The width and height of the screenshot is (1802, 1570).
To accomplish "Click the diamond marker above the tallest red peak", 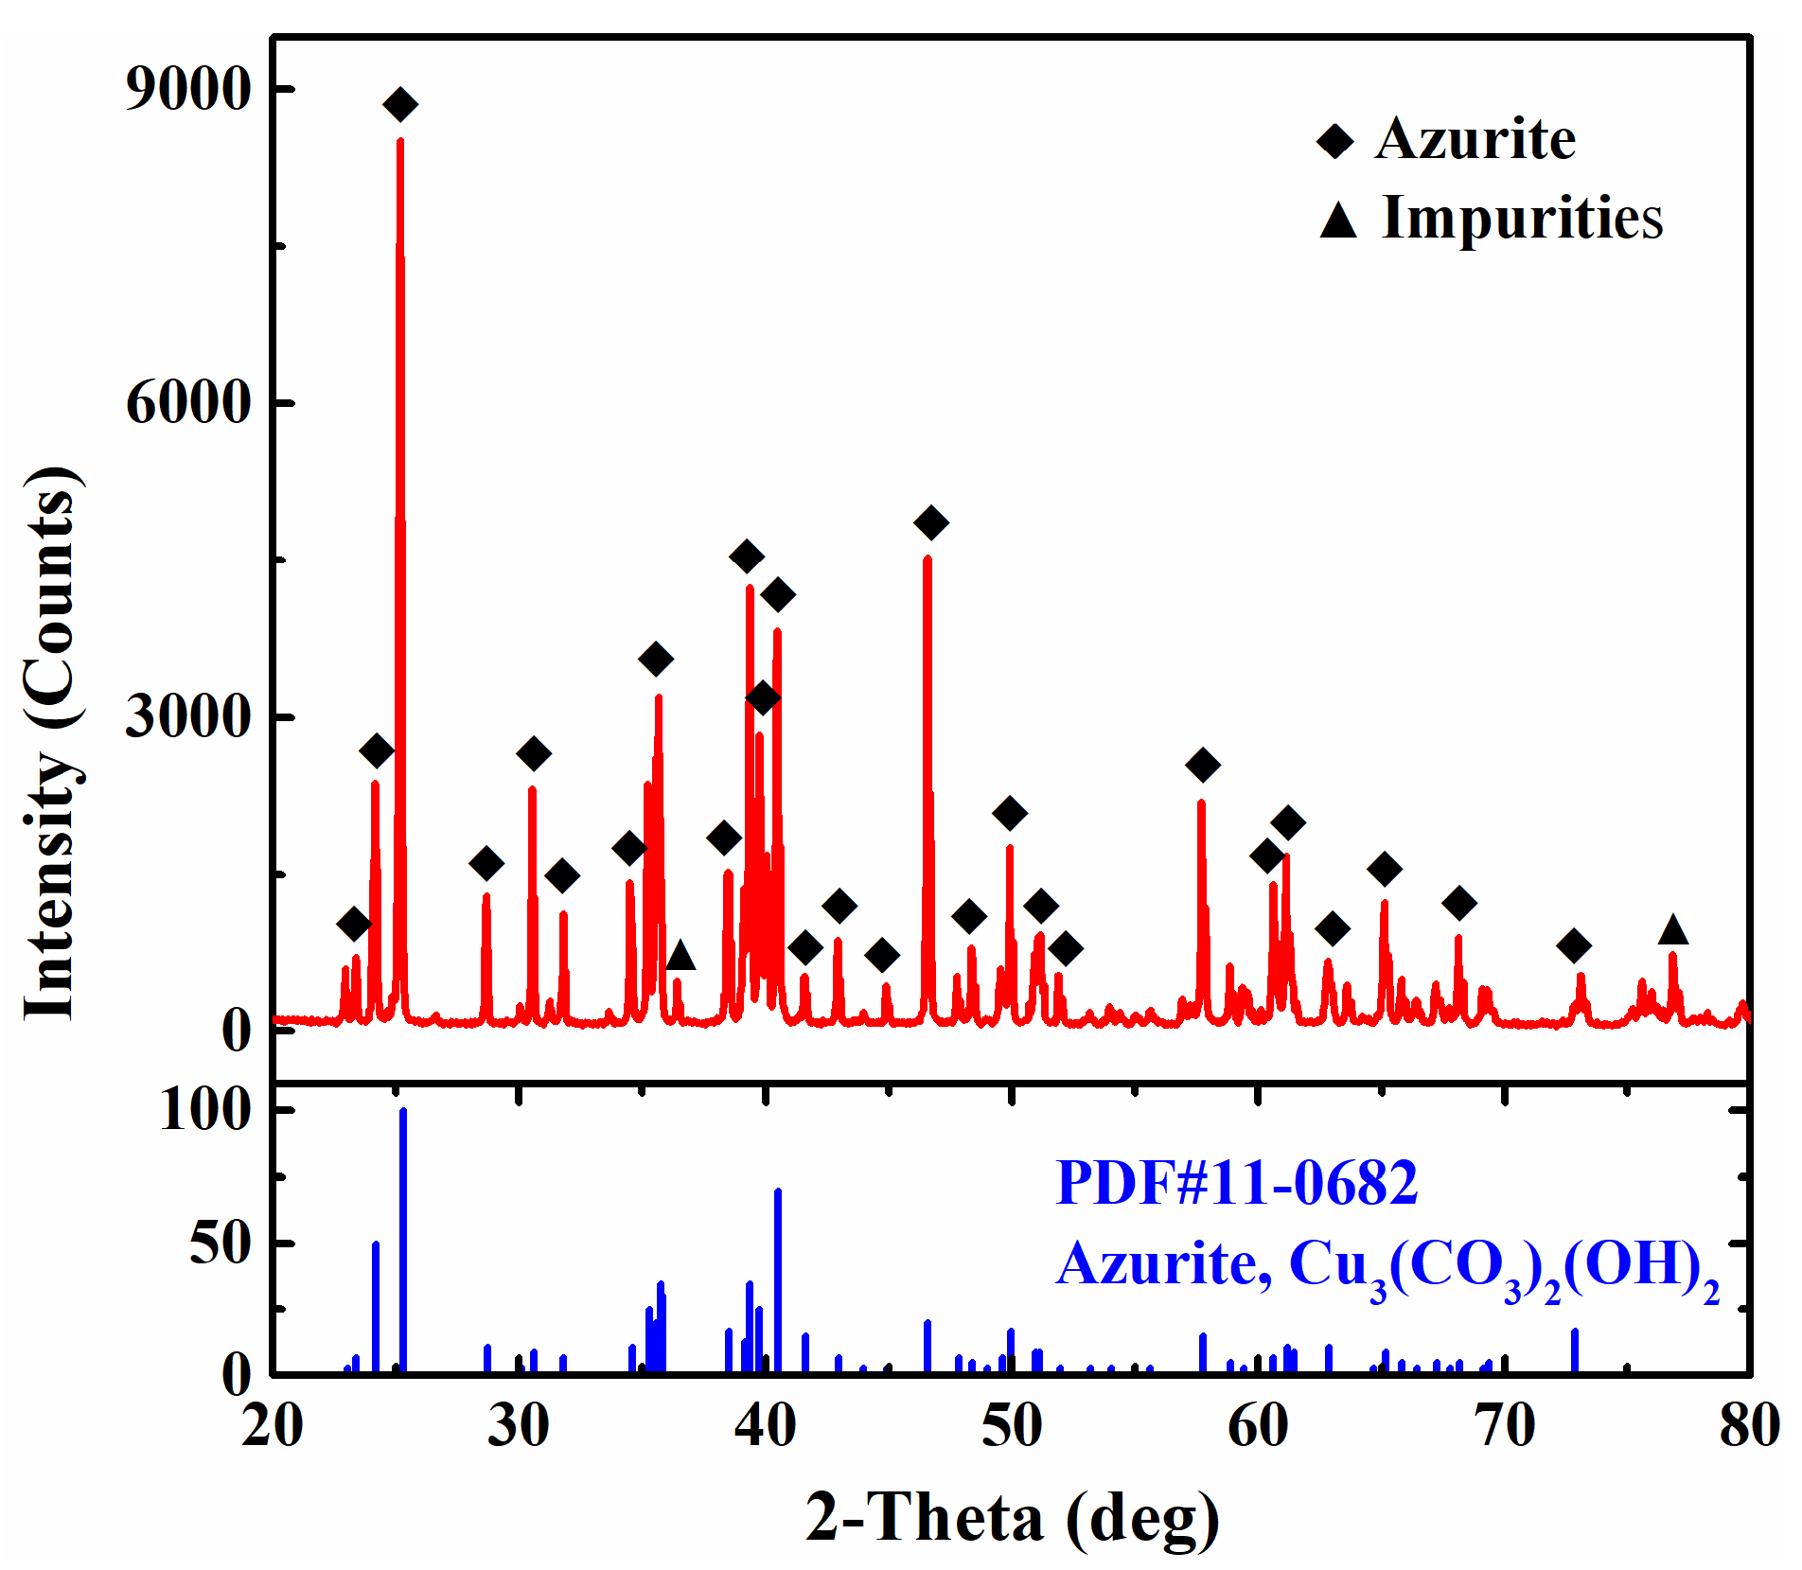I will (400, 104).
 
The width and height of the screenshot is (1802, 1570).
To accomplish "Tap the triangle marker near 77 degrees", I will (1673, 931).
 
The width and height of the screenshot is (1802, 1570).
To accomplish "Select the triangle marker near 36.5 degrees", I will (680, 956).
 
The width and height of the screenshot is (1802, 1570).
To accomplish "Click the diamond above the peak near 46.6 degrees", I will (931, 522).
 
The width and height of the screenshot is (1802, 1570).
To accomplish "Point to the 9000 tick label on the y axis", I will (188, 89).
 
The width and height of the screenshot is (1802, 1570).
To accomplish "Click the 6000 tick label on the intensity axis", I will (188, 402).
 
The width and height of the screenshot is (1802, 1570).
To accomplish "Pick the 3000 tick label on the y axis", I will (188, 715).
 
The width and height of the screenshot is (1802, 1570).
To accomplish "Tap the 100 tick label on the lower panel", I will (205, 1109).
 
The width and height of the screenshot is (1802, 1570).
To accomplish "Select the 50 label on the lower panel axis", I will (220, 1243).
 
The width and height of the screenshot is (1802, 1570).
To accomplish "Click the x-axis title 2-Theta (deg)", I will (1013, 1517).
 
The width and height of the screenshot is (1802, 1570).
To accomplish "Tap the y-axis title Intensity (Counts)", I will (52, 743).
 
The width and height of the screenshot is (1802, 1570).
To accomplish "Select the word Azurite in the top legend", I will (1475, 139).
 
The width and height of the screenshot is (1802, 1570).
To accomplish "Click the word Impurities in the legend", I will (1522, 218).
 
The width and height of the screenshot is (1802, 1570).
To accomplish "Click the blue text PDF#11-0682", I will (1236, 1182).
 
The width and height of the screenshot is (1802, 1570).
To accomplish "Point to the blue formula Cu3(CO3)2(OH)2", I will (1504, 1265).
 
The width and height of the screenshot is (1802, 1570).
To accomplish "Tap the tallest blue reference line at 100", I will (403, 1240).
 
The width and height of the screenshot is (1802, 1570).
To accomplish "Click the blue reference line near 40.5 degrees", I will (778, 1282).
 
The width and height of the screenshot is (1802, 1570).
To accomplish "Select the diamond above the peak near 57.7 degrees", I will (1203, 765).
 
